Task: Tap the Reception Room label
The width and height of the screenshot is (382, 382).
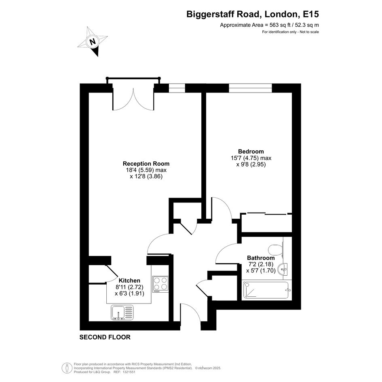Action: click(146, 163)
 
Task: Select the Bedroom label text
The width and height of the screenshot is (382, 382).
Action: click(251, 151)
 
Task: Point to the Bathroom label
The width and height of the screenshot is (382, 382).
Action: click(261, 258)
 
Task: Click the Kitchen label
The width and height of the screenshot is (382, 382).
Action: click(129, 281)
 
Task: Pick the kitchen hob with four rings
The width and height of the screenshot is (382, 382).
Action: click(160, 284)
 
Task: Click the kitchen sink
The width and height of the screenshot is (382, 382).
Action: click(122, 312)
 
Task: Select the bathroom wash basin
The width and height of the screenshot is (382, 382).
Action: click(284, 270)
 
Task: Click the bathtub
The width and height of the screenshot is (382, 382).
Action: click(266, 290)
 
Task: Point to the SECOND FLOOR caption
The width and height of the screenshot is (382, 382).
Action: click(105, 337)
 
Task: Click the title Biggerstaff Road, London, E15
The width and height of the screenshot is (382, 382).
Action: click(253, 14)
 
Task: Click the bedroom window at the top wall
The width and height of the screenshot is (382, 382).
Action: click(250, 88)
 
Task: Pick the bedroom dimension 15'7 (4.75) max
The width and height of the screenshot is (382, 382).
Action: click(251, 158)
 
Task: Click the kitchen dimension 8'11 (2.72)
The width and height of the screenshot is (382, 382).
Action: click(129, 287)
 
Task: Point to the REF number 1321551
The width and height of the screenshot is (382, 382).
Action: click(129, 372)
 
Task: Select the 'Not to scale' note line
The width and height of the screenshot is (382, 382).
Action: click(309, 32)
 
